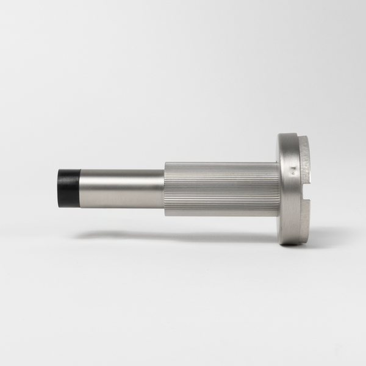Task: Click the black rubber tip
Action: [x=68, y=188]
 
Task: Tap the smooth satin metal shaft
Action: [x=122, y=188]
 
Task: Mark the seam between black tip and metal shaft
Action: [x=80, y=188]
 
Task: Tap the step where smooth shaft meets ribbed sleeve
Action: [x=164, y=188]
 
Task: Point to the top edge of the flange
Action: [x=291, y=134]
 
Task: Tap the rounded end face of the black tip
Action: [x=60, y=188]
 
